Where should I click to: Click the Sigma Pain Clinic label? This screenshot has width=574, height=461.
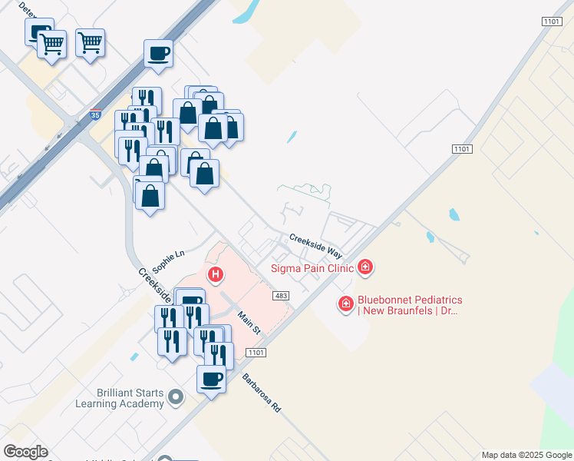point(312,268)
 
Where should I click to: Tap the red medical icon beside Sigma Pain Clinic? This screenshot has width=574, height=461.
point(367,267)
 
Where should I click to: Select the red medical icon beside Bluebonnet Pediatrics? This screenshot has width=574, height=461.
point(346,305)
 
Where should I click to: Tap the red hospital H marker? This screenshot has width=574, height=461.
point(216,274)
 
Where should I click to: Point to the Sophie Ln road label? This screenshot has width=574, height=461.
point(169,261)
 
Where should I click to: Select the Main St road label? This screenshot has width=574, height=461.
point(249,321)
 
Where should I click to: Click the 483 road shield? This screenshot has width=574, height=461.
point(280,295)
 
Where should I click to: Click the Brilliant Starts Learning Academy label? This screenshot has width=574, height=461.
point(120,398)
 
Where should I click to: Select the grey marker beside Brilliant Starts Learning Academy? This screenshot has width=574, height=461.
point(176,397)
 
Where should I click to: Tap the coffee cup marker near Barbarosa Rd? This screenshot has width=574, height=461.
point(211,378)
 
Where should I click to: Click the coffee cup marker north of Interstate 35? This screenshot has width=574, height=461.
point(158,53)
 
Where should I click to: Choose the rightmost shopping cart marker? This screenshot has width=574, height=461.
point(90,42)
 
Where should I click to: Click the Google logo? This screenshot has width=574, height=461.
point(25,452)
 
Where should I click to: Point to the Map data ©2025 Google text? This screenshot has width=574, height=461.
point(526,455)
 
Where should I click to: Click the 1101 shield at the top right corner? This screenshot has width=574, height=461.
point(551,22)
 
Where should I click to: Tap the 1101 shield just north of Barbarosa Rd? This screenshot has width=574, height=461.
point(256,352)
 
